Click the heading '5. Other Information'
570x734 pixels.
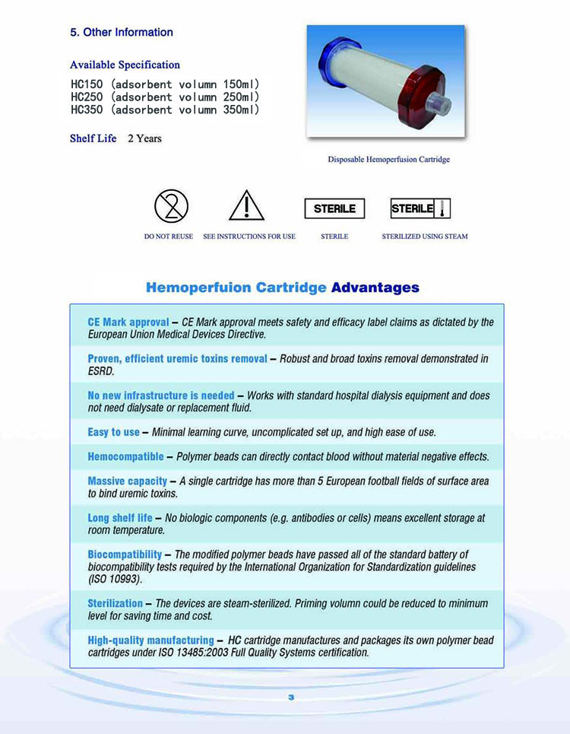tap(122, 32)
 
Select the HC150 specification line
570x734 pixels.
tap(165, 84)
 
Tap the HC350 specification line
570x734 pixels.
tap(165, 110)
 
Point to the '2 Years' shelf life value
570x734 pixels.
tap(144, 138)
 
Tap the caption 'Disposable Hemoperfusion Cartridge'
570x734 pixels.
tap(388, 160)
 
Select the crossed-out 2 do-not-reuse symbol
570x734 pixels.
tap(171, 206)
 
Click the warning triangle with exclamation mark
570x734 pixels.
tap(246, 206)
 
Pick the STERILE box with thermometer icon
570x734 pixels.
tap(420, 208)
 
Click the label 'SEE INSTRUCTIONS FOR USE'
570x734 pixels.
tap(249, 237)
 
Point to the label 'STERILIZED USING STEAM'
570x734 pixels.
tap(424, 237)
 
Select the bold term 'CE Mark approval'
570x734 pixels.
tap(128, 323)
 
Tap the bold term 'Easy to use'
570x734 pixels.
tap(114, 432)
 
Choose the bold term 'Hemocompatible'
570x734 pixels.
tap(125, 456)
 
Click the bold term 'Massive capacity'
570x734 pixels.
tap(128, 481)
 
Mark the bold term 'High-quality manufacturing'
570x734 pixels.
tap(150, 640)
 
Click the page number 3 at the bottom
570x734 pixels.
tap(290, 697)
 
